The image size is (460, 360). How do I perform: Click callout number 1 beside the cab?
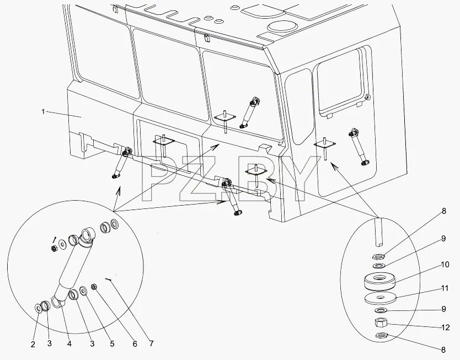42,112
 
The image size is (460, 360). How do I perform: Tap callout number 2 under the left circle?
33,345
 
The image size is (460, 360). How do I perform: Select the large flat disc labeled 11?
381,298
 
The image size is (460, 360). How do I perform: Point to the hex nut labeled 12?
381,322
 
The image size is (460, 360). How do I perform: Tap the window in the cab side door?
341,83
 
